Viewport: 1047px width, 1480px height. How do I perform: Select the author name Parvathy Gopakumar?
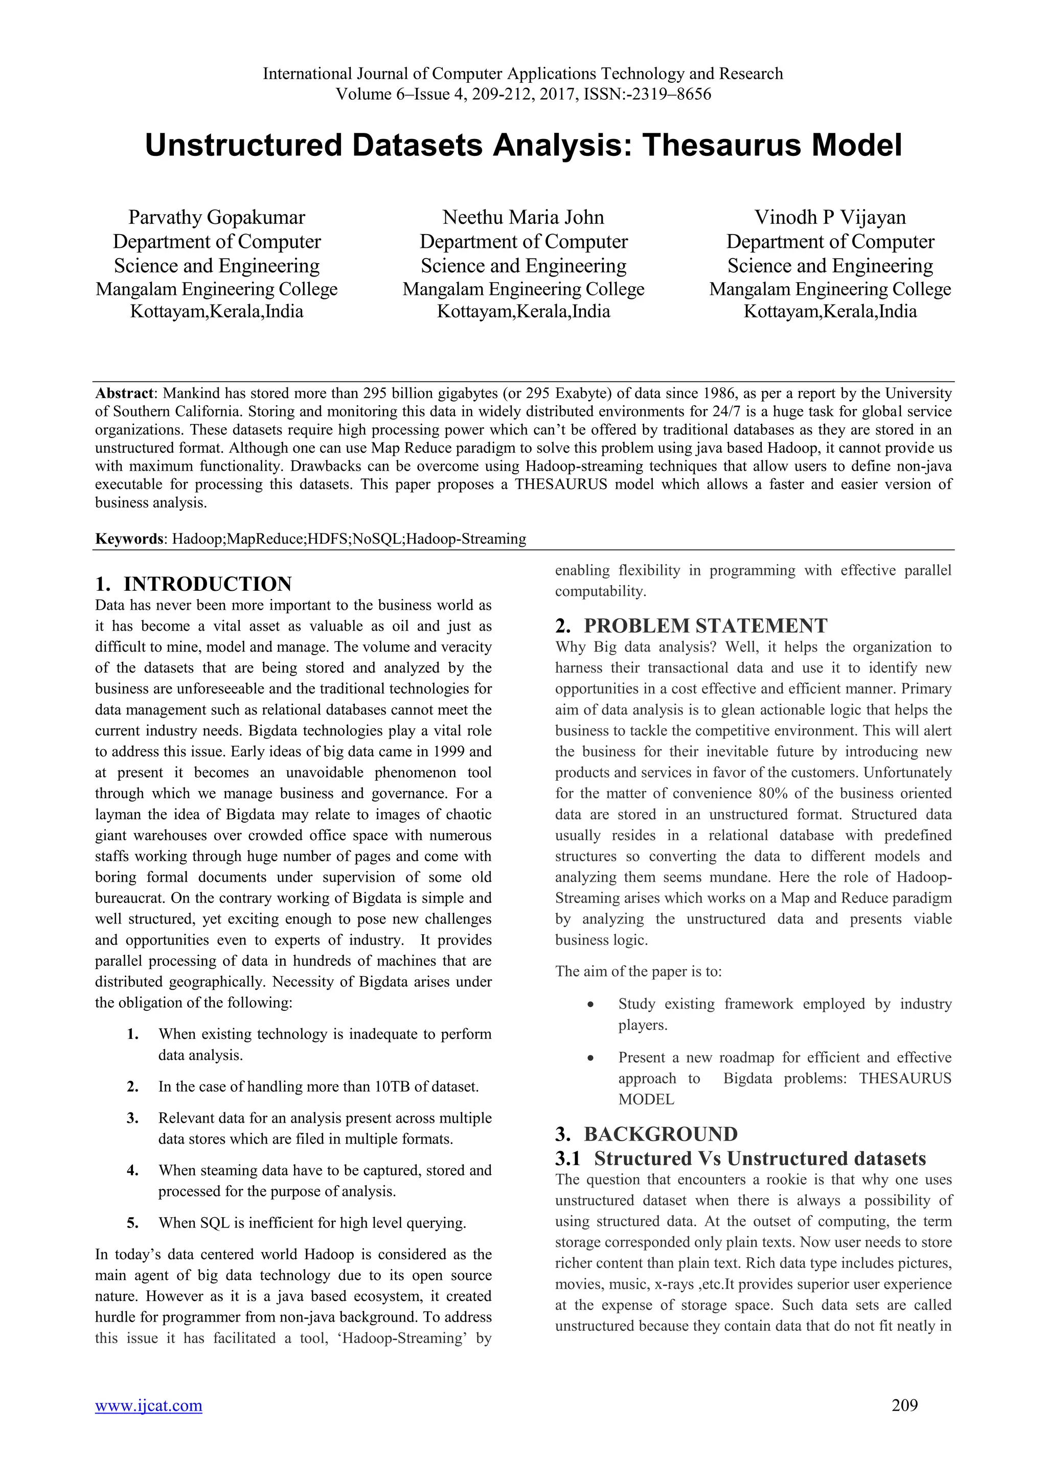[x=217, y=217]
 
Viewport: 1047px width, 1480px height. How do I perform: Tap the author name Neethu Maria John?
[x=523, y=217]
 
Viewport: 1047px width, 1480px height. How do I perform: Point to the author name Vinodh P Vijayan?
[x=830, y=217]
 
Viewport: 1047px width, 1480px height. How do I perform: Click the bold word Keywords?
[x=129, y=539]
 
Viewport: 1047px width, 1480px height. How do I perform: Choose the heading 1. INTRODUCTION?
[x=193, y=584]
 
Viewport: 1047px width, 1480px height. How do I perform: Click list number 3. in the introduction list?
[x=133, y=1118]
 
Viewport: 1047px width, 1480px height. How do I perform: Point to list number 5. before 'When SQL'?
[x=133, y=1223]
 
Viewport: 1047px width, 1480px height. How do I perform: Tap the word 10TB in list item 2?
[x=392, y=1087]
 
